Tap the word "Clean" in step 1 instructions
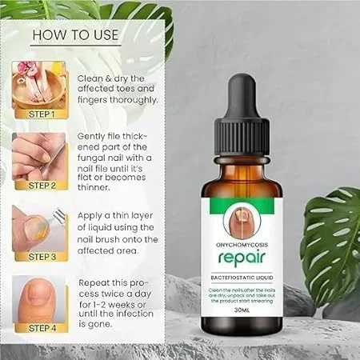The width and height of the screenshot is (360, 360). point(90,78)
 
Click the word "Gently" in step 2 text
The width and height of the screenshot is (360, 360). point(93,137)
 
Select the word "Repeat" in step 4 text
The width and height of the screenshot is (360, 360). point(94,283)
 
